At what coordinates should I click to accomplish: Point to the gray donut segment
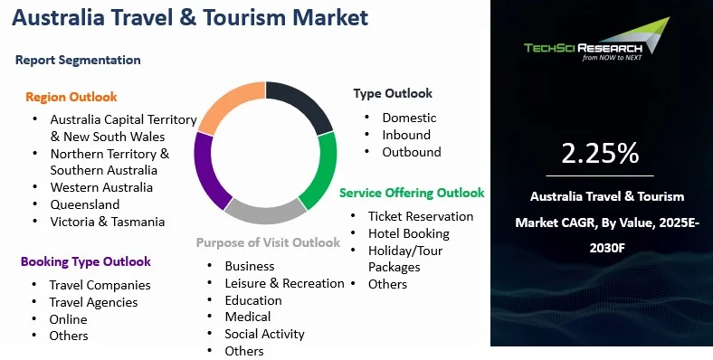[x=265, y=213]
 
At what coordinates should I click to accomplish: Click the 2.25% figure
[x=600, y=153]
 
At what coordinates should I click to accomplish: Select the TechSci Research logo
[x=596, y=40]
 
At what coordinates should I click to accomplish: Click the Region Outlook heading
[x=71, y=97]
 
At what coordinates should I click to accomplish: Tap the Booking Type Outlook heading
[x=86, y=261]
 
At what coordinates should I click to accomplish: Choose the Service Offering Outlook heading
[x=412, y=193]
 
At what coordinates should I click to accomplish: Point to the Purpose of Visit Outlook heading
[x=269, y=242]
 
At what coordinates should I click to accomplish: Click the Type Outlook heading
[x=393, y=94]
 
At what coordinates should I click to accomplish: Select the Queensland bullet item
[x=85, y=204]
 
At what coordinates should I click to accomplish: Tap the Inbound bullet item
[x=406, y=135]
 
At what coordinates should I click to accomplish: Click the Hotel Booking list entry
[x=409, y=233]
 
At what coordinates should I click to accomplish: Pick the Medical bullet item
[x=248, y=317]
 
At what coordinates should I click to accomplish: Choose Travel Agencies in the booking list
[x=94, y=302]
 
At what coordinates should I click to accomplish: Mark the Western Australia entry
[x=101, y=187]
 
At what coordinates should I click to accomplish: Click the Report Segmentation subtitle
[x=78, y=60]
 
